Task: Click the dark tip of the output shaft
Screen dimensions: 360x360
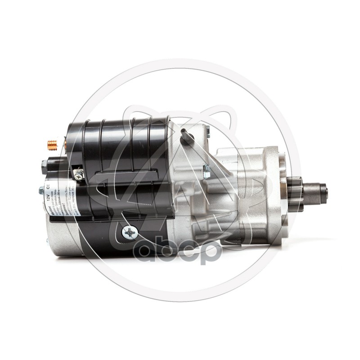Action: click(x=324, y=193)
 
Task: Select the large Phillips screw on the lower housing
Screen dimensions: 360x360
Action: click(x=130, y=233)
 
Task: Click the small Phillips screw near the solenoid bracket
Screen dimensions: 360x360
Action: click(x=79, y=175)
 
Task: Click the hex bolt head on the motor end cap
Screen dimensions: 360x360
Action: click(x=41, y=191)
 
